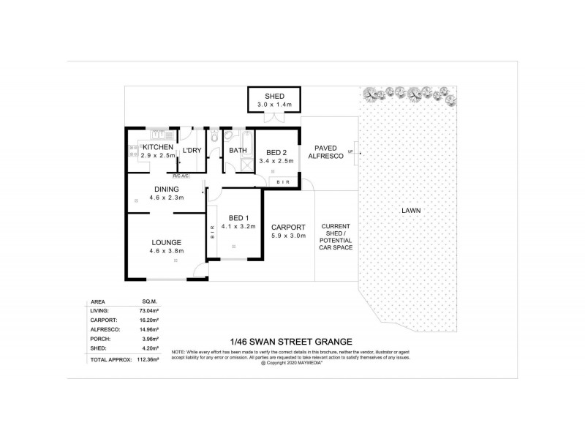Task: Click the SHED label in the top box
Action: [274, 97]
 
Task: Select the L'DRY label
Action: [192, 151]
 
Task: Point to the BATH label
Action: [238, 151]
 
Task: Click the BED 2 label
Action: [275, 152]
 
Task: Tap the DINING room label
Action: [167, 188]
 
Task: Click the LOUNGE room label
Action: [167, 242]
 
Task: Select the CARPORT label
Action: [287, 227]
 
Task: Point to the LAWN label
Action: [411, 211]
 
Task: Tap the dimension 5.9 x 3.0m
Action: [287, 236]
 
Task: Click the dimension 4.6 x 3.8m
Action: [167, 252]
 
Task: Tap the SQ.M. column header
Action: [151, 301]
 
